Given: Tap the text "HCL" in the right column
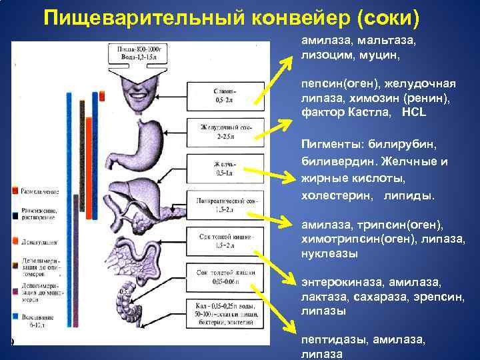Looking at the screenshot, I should pos(413,112).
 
